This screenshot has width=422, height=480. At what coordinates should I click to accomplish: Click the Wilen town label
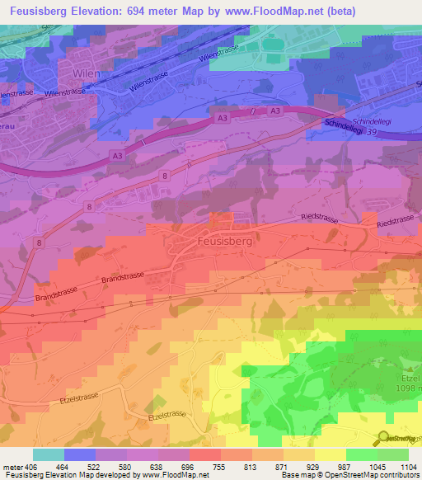pos(87,73)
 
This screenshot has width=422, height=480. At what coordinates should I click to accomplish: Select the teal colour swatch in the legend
pos(48,454)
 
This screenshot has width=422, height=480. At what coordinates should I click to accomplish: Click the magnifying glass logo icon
pos(384,438)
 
